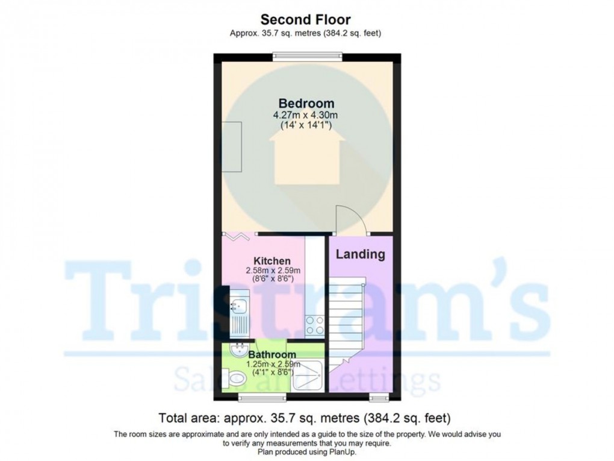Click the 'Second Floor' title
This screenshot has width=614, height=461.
tap(305, 20)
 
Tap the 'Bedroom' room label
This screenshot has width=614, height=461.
tap(306, 104)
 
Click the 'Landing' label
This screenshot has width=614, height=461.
tap(360, 254)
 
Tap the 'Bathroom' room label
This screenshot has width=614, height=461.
tap(272, 355)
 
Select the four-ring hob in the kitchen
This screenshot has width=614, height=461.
tap(315, 325)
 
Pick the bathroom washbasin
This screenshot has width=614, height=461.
tap(240, 348)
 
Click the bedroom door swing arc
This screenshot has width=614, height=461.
tap(351, 219)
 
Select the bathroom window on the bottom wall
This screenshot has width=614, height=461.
tap(253, 397)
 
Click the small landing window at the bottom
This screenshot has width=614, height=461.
tap(378, 397)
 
